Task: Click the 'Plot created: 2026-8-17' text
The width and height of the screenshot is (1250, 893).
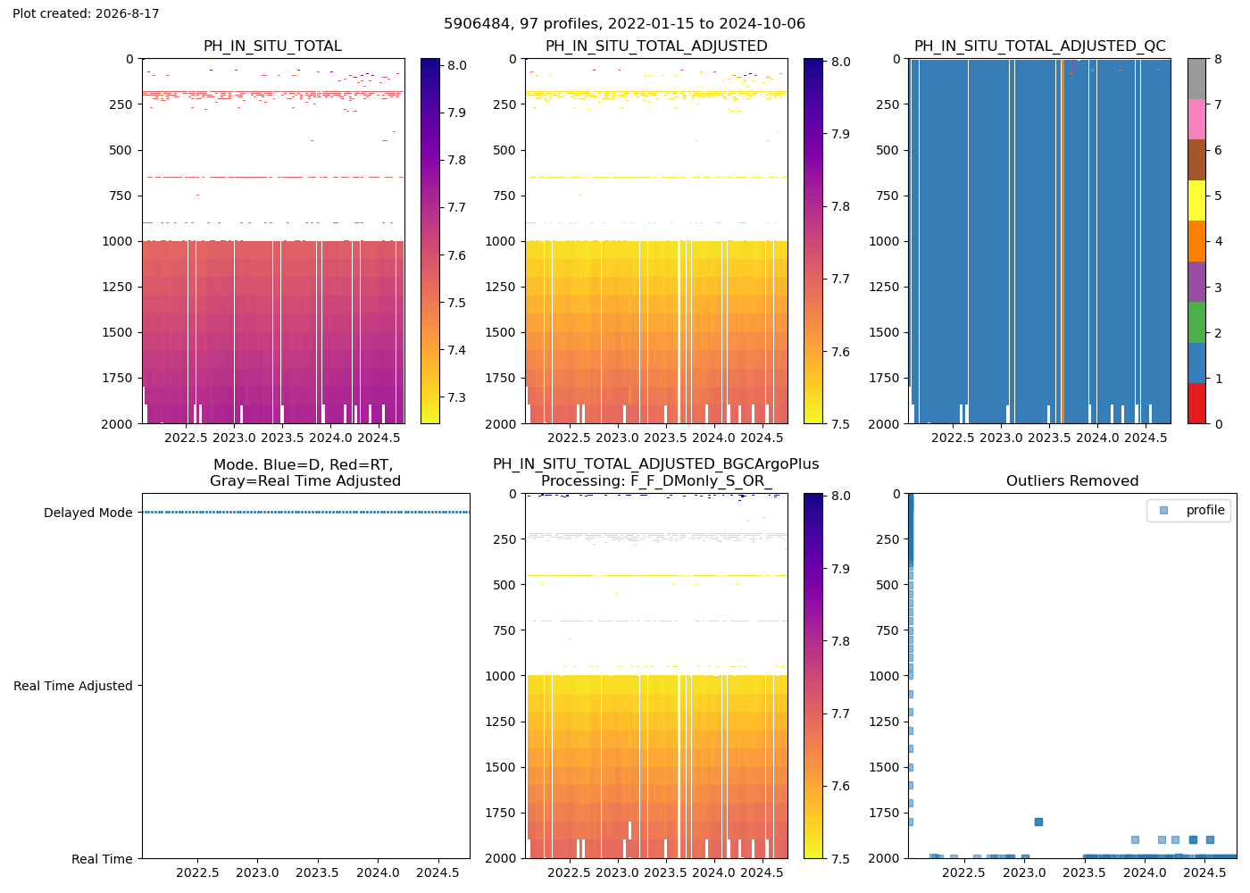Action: (86, 13)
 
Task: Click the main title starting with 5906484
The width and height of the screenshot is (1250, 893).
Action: (624, 23)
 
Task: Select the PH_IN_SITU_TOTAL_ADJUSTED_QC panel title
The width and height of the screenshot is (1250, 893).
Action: (1039, 46)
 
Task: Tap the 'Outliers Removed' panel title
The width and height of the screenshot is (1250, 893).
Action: (1072, 480)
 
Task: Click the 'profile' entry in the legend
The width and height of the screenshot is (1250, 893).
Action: (1204, 510)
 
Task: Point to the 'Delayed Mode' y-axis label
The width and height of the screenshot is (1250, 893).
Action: (88, 513)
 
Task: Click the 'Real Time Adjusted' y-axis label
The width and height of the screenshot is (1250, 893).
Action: (73, 686)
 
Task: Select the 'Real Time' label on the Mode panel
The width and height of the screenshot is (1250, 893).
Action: (102, 858)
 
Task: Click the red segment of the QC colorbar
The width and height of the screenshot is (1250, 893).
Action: (1196, 403)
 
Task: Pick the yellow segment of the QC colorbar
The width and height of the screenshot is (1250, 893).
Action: (1196, 200)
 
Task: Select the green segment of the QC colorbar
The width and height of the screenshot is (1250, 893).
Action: (1196, 322)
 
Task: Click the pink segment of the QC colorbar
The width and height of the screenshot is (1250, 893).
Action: (1196, 120)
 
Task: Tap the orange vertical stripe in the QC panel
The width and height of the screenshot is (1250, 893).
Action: (1063, 241)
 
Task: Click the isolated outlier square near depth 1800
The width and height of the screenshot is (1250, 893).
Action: (1038, 822)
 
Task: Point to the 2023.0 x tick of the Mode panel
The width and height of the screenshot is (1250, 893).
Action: (257, 872)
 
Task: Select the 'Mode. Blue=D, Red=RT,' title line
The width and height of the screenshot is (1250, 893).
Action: (303, 464)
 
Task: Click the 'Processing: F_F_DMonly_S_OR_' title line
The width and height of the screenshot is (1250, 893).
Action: (656, 480)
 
